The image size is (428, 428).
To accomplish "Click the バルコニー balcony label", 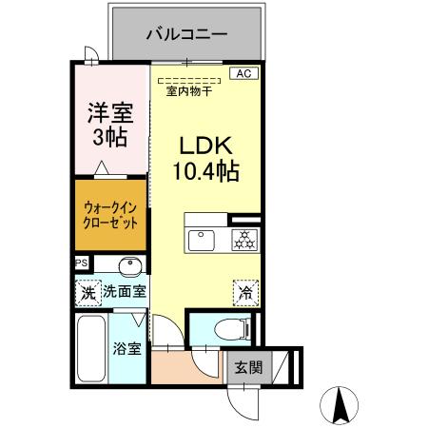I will (186, 34).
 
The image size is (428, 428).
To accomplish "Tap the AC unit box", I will (243, 73).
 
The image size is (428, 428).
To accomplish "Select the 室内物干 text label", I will (188, 92).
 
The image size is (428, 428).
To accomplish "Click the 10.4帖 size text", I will (205, 172).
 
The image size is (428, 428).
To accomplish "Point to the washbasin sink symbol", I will (129, 266).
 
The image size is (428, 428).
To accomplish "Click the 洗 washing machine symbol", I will (88, 293).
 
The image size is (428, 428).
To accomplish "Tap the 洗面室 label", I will (124, 293).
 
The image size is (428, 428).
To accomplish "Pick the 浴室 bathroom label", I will (128, 348).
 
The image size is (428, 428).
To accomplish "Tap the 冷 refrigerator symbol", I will (244, 293).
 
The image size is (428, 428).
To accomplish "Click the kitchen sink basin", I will (202, 239).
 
